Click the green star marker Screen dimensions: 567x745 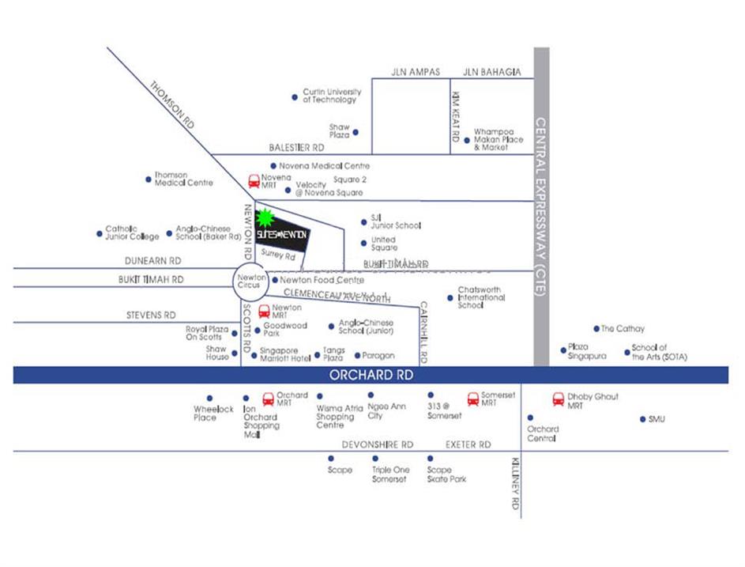point(265,217)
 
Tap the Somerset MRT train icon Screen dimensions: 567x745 point(473,399)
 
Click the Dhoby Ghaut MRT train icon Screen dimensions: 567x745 point(559,399)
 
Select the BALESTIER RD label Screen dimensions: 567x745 point(296,148)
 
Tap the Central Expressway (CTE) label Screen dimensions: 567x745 point(541,207)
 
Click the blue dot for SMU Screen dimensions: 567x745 point(643,419)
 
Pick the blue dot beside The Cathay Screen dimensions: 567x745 point(596,328)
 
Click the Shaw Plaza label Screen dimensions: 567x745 point(340,131)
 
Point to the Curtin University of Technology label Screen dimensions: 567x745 point(331,96)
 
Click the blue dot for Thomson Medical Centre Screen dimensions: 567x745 point(149,180)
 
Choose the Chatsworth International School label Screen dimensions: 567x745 point(481,297)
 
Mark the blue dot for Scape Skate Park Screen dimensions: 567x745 point(431,458)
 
